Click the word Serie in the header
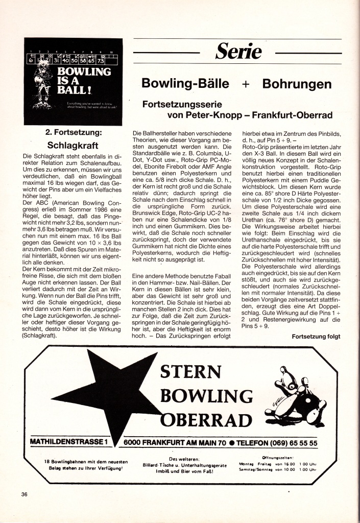coord(238,52)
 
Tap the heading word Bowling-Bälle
coord(185,83)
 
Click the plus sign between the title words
coord(245,84)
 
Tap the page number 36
coord(25,494)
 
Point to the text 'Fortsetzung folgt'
coord(316,336)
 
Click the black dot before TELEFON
coord(232,442)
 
